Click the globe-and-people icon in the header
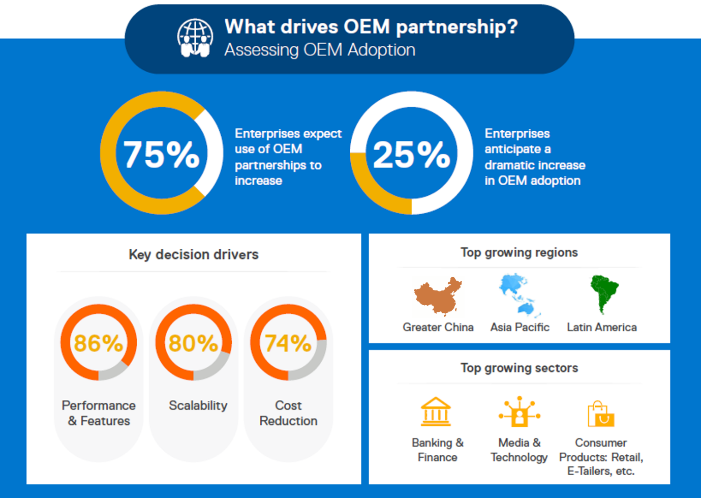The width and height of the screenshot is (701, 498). pos(195,38)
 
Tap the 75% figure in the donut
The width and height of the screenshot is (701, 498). pos(162,154)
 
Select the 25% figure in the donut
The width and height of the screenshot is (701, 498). pos(411,154)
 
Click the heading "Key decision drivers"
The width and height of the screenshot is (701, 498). pos(194,254)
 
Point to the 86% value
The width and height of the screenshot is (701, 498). pos(99,343)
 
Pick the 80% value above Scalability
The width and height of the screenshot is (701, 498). pos(193,343)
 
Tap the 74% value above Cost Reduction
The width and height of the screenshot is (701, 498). pos(288,343)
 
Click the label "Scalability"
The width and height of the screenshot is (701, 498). pos(198,405)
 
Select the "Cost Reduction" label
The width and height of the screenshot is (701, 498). pos(288,413)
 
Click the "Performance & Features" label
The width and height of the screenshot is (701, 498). pos(99,413)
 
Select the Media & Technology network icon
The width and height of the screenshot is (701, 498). pos(519,412)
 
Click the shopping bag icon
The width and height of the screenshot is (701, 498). pos(600,414)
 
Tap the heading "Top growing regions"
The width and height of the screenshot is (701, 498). pos(519,252)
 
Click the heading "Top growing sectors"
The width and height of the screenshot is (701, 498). pos(519,368)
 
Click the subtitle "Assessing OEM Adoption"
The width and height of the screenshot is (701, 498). pos(320,50)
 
